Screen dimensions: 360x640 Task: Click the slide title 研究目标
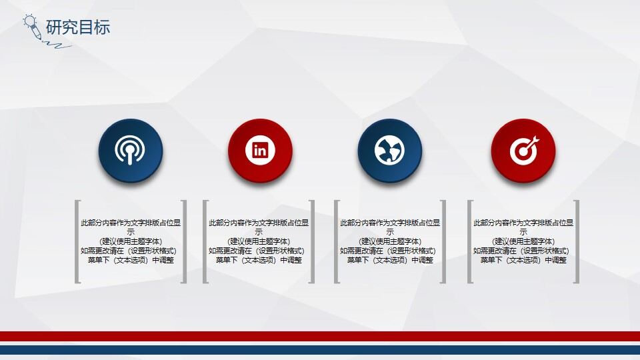78,27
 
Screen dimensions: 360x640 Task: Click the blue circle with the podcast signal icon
131,151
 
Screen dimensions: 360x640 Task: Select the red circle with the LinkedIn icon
260,151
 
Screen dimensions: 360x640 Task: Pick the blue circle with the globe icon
389,151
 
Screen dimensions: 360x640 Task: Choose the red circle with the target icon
523,151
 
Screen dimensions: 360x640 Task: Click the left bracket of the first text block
77,241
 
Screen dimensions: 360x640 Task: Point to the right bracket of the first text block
184,241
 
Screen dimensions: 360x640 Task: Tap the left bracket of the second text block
205,241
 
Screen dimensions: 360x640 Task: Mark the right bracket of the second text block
312,241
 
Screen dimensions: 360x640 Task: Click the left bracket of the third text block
337,241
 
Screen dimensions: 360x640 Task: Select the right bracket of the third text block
443,241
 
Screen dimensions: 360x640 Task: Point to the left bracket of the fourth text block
470,241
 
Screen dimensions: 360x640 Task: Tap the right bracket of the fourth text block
577,241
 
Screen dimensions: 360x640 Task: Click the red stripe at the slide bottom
320,336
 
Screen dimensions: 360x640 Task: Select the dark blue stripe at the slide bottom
320,349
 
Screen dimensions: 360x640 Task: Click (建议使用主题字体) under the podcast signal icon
131,241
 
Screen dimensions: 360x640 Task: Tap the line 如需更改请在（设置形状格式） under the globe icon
389,251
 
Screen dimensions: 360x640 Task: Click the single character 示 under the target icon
523,232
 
